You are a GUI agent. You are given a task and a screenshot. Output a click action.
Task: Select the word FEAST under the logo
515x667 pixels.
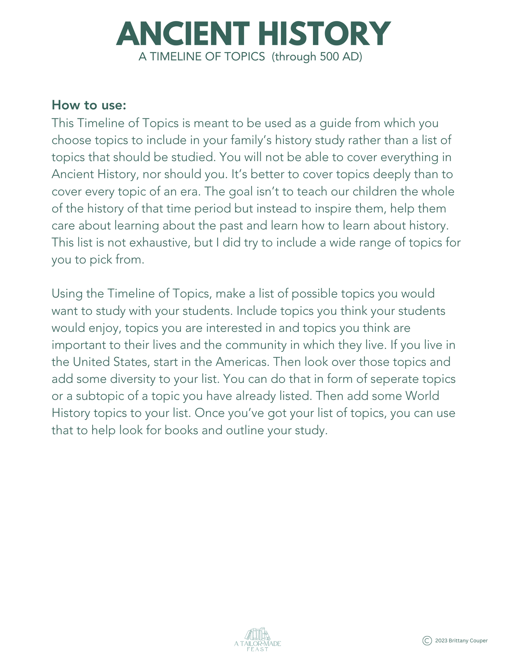coord(258,649)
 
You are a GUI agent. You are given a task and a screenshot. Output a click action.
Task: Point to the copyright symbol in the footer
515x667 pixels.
coord(427,641)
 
